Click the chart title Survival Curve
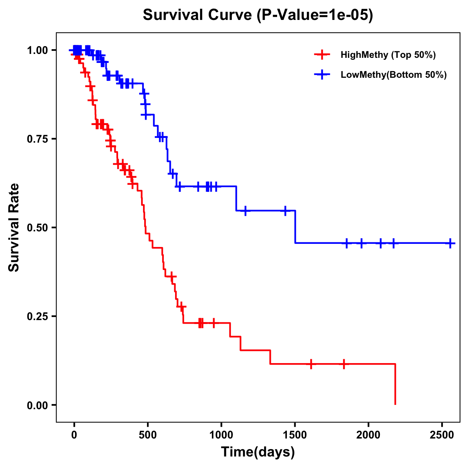coord(258,15)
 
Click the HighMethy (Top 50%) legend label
coord(388,55)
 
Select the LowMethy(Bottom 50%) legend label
coord(394,75)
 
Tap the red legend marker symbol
coord(321,55)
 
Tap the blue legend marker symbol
coord(321,75)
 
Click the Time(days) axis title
coord(258,452)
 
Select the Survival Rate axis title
coord(14,227)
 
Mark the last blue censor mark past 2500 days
coord(450,243)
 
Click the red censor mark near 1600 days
coord(311,364)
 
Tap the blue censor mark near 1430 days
coord(285,211)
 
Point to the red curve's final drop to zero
coord(395,385)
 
